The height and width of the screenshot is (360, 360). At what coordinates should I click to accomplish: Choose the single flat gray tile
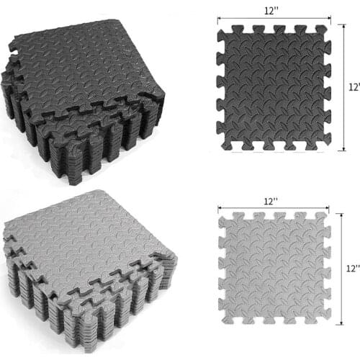[x=273, y=266]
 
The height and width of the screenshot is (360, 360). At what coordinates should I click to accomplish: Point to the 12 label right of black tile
[x=354, y=86]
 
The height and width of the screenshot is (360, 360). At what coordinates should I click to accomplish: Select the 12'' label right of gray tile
[x=352, y=269]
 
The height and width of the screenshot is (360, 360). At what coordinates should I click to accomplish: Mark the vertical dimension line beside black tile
[x=342, y=86]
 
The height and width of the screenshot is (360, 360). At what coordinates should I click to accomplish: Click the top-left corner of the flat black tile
[x=220, y=29]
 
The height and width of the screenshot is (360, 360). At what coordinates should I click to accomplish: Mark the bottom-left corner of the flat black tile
[x=220, y=148]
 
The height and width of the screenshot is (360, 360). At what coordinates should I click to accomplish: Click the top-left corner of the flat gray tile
[x=220, y=214]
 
